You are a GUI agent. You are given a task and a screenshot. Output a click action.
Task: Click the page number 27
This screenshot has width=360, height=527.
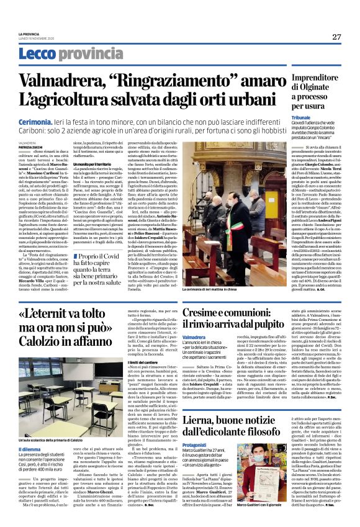(335, 37)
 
